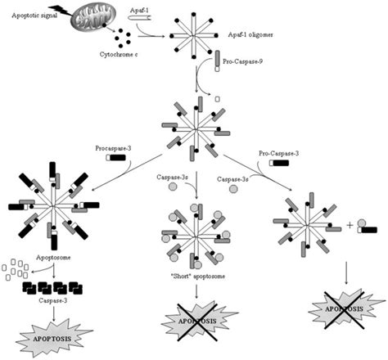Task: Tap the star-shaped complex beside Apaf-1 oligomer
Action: click(197, 37)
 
